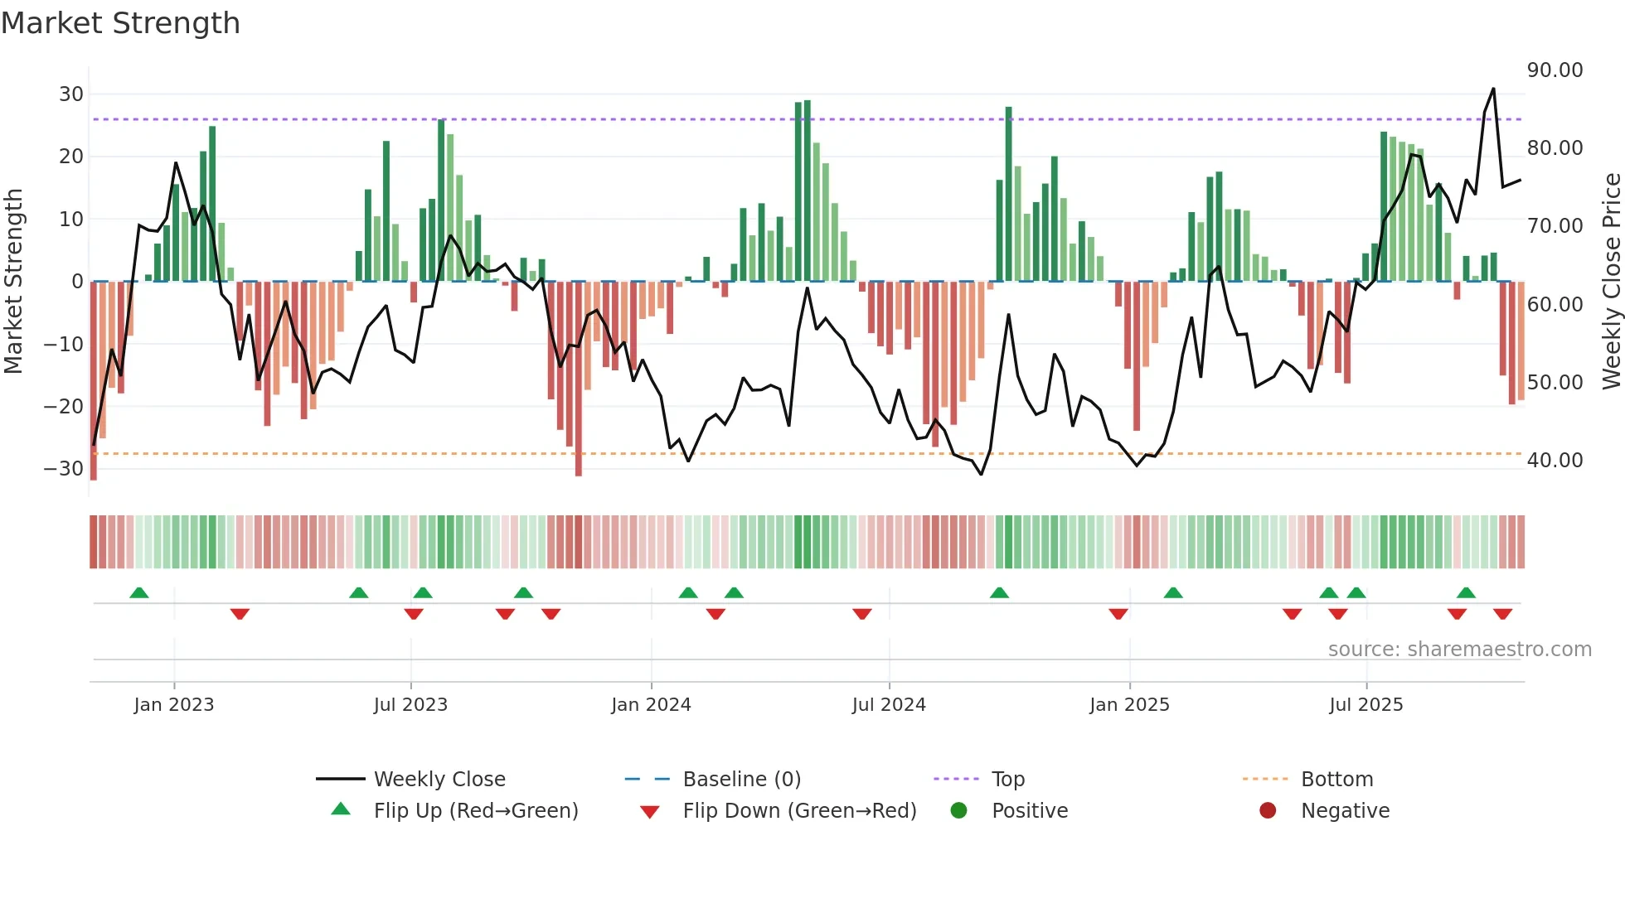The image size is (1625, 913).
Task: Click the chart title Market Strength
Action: point(120,23)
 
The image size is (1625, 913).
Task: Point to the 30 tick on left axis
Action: point(71,94)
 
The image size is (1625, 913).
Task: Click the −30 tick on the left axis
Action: point(65,469)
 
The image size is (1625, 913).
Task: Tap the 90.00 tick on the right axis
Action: point(1555,70)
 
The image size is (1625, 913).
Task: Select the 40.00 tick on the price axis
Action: point(1555,461)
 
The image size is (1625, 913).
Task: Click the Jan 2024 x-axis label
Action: point(651,705)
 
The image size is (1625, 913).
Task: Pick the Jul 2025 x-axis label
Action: point(1365,705)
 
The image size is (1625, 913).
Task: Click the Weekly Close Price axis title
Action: point(1611,282)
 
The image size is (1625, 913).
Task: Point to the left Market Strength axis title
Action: point(13,282)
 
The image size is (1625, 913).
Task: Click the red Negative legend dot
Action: point(1268,810)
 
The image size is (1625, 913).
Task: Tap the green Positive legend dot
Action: point(959,810)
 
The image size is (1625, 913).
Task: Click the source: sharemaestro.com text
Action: point(1459,650)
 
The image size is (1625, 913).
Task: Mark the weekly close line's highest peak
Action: point(1493,89)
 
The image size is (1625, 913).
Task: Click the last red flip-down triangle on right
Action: point(1502,614)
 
